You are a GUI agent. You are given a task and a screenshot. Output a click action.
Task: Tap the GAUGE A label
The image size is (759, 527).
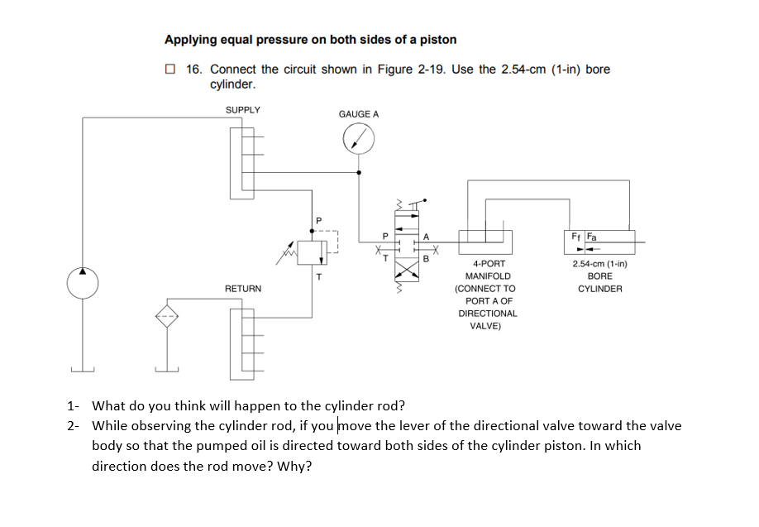pos(359,114)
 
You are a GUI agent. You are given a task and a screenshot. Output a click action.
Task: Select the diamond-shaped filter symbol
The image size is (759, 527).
pos(169,316)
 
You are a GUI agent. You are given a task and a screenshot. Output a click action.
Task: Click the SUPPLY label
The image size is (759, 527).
pos(242,110)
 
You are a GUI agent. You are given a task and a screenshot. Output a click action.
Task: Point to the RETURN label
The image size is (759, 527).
pos(243,289)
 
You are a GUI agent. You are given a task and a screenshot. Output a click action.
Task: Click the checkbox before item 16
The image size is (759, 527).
pos(169,69)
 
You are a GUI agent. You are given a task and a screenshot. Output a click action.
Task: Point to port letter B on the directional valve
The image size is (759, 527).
pos(427,259)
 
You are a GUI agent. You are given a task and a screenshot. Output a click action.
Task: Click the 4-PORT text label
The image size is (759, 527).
pos(488,264)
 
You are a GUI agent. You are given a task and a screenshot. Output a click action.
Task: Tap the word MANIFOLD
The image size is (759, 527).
pos(488,276)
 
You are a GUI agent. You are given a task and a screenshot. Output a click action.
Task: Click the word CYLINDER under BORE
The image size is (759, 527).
pos(600,289)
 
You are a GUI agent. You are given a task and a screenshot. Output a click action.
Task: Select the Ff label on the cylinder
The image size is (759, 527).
pos(575,236)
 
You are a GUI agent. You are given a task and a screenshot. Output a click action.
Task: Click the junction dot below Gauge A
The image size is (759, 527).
pos(358,172)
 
